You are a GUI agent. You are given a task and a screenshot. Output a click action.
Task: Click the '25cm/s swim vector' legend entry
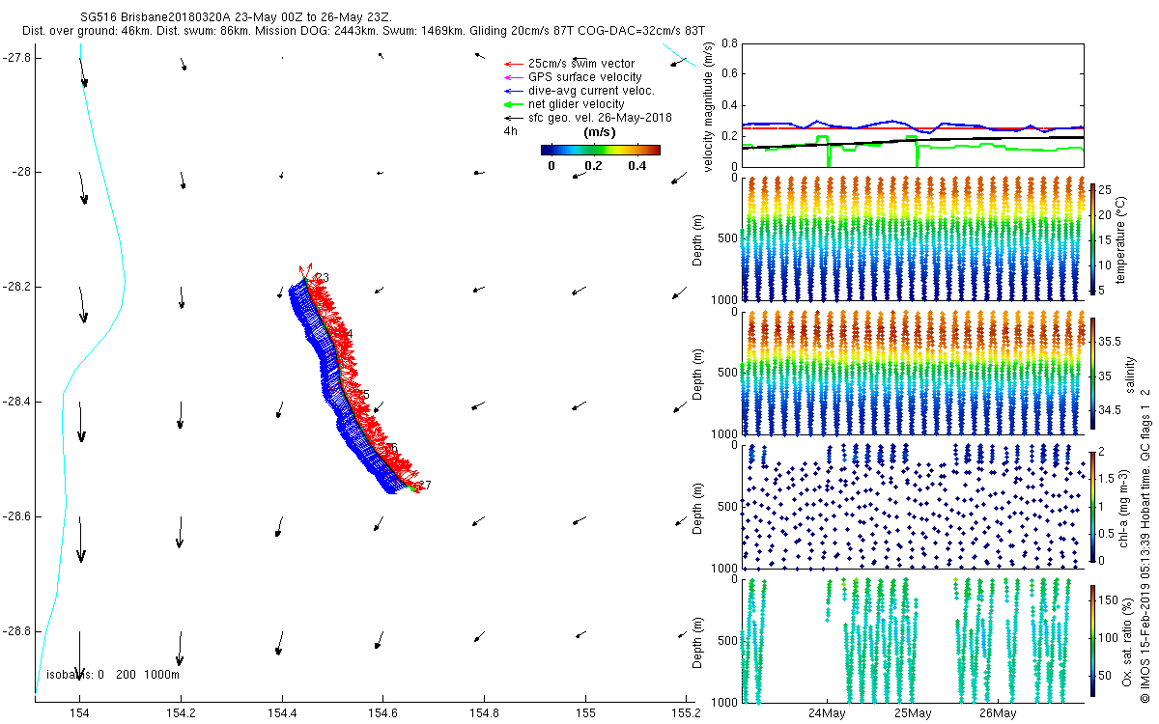(x=580, y=64)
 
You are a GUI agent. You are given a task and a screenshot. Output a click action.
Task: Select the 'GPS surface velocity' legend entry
(x=584, y=77)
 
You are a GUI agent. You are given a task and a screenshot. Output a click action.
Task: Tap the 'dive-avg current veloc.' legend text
(x=591, y=91)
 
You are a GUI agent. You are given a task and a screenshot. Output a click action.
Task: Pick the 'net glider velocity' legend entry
(x=576, y=104)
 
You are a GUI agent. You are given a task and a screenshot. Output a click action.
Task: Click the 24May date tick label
(x=827, y=714)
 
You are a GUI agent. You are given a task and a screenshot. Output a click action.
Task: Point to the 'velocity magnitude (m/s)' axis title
(x=710, y=107)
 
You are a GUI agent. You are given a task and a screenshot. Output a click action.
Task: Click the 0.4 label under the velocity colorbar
(x=636, y=166)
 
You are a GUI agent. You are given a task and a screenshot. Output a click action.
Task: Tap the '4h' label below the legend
(x=510, y=130)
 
